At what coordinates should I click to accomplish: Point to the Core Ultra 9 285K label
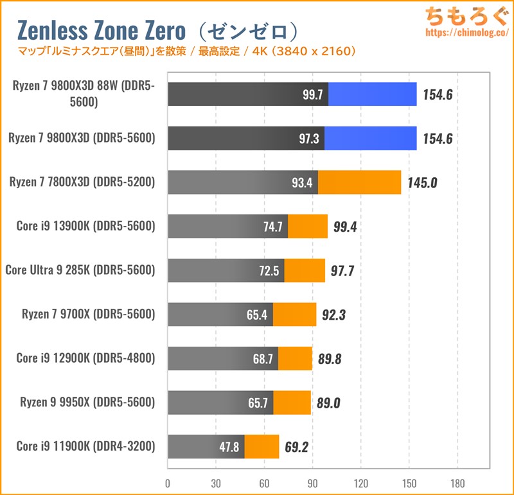80,270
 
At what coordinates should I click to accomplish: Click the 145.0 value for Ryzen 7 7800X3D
421,182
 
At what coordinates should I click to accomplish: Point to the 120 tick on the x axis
360,483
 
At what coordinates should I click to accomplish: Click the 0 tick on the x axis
168,483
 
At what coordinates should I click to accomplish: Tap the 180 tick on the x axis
457,483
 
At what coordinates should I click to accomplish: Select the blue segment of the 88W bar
372,94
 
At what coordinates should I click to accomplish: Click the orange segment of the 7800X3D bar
359,182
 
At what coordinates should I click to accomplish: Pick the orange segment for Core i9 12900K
295,358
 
